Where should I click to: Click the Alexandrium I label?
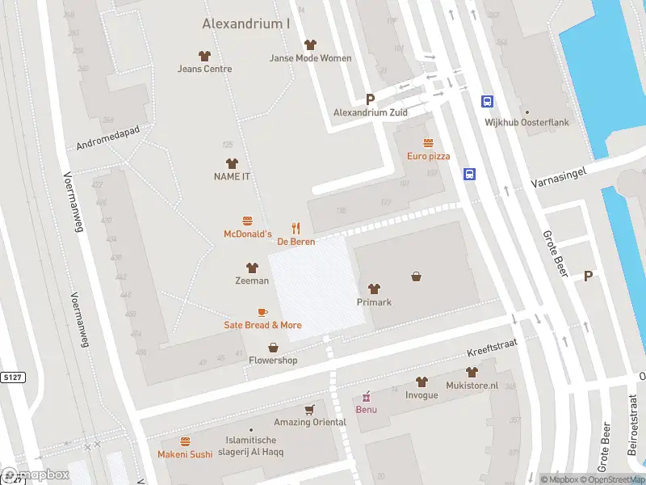245,24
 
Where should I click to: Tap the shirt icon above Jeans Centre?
204,56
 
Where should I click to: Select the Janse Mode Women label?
311,58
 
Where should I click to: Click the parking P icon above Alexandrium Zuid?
371,99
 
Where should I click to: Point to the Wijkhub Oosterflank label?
538,123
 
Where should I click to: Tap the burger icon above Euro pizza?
428,143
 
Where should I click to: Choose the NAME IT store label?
231,176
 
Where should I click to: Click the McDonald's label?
247,234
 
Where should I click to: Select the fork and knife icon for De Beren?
296,228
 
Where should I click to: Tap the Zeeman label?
252,280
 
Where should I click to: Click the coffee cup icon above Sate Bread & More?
262,312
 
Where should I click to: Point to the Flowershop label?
273,361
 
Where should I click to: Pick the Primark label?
374,302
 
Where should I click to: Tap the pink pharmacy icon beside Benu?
367,396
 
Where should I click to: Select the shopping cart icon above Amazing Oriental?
308,410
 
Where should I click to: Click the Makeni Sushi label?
185,454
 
